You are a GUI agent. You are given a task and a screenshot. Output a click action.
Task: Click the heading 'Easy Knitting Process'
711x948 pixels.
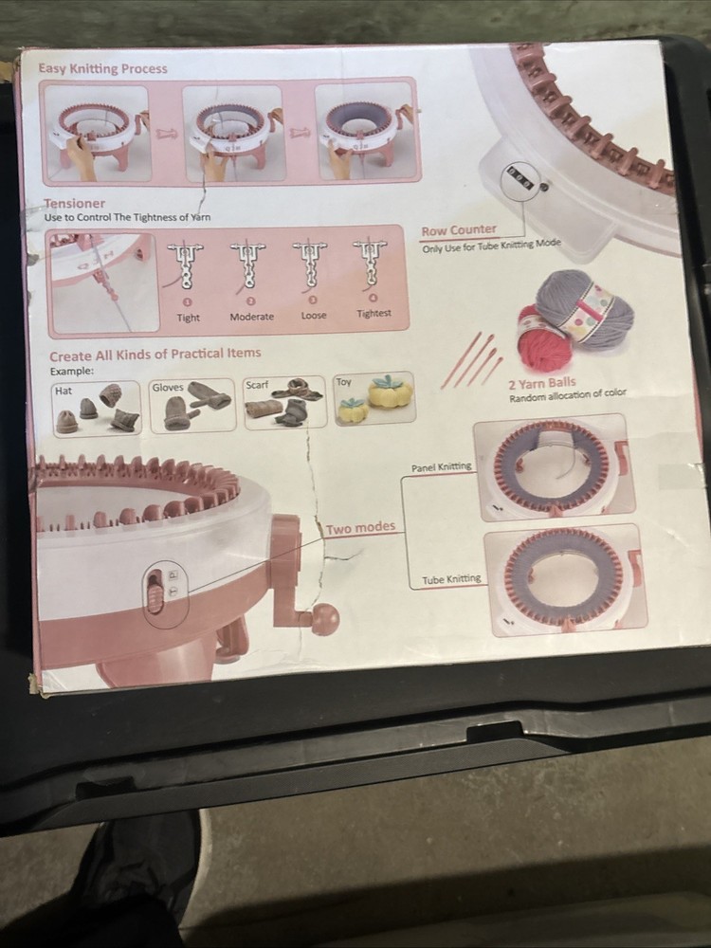click(x=102, y=68)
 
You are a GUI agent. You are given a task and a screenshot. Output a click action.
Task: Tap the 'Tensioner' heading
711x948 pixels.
click(x=75, y=203)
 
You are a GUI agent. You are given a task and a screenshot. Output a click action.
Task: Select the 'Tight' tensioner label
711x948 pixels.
click(x=188, y=318)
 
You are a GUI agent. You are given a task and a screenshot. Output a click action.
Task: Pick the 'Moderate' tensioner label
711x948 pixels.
click(x=251, y=317)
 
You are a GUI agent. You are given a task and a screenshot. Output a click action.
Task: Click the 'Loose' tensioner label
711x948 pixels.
click(x=314, y=316)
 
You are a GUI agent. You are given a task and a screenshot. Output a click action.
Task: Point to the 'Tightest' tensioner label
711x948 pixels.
click(x=374, y=314)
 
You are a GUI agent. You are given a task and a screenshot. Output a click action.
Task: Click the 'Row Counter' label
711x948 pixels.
click(x=459, y=230)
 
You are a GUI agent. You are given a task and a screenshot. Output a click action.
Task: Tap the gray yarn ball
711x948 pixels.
click(x=583, y=308)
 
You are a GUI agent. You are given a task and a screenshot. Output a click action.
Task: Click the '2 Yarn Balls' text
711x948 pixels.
click(x=541, y=383)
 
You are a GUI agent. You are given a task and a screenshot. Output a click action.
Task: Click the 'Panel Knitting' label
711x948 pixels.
click(x=441, y=467)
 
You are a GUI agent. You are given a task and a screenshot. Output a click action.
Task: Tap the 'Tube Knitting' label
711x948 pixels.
click(x=451, y=579)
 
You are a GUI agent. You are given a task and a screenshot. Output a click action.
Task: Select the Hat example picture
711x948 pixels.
click(x=97, y=409)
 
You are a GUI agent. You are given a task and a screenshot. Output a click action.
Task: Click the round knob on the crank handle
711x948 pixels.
click(x=324, y=618)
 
